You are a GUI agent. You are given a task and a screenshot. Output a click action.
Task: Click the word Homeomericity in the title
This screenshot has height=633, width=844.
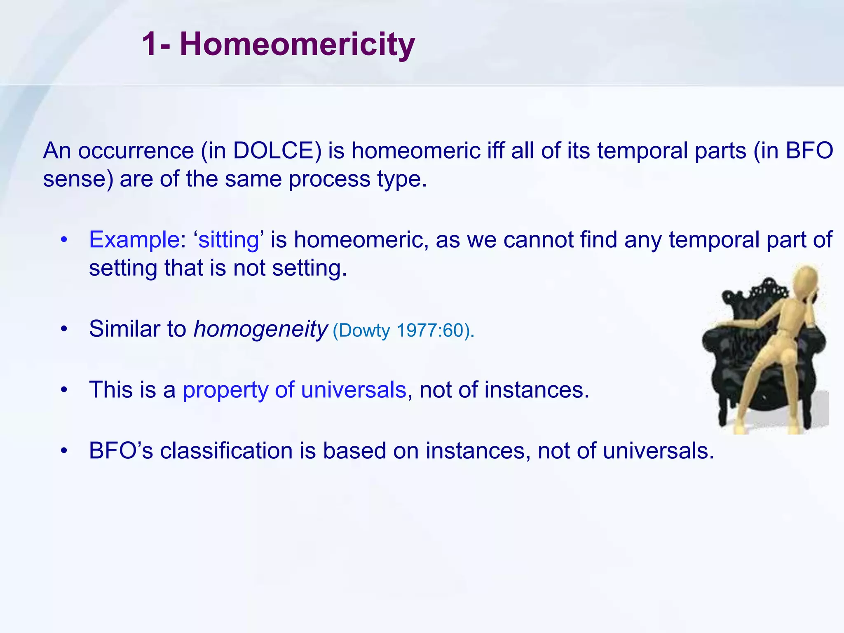click(x=297, y=45)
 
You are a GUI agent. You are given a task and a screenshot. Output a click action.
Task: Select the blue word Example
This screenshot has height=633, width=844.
click(x=134, y=240)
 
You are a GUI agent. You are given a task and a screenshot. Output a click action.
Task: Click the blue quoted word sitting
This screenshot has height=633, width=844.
click(x=229, y=240)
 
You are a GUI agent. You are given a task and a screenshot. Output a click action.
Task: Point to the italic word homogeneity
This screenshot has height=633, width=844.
click(x=260, y=329)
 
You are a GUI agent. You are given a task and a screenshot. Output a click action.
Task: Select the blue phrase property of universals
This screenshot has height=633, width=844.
click(x=294, y=390)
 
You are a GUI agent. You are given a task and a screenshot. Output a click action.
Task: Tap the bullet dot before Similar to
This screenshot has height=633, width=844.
click(x=63, y=330)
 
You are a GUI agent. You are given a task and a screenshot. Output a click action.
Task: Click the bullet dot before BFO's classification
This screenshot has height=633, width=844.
click(x=63, y=451)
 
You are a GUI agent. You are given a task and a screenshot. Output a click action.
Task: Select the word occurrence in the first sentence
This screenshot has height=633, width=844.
click(x=136, y=151)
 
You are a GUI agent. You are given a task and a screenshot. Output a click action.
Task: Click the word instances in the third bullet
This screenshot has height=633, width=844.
click(x=537, y=390)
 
